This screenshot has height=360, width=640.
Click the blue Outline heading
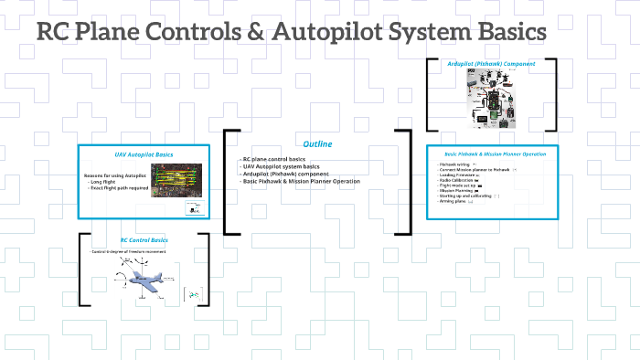[x=317, y=144]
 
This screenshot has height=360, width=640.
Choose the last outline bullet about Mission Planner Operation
[x=302, y=181]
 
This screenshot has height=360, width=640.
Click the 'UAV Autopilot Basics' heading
[x=150, y=155]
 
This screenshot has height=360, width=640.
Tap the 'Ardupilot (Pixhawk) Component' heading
[x=491, y=64]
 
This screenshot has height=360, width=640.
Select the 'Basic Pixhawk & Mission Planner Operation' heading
[x=495, y=154]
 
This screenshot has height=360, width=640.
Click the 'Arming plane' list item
[x=457, y=201]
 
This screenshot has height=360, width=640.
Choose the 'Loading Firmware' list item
[x=462, y=175]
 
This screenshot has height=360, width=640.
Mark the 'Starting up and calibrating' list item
[x=469, y=196]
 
